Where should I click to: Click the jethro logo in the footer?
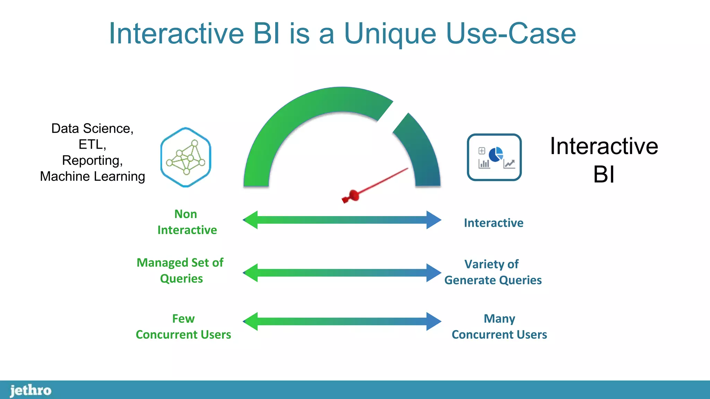31,390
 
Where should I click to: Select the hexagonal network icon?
186,157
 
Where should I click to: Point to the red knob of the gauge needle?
353,196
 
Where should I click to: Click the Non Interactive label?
187,222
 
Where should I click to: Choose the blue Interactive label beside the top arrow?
493,223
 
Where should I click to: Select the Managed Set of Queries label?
180,271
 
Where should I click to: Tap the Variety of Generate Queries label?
493,272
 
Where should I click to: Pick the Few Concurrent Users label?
183,327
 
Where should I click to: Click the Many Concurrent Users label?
499,327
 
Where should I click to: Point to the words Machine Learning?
92,176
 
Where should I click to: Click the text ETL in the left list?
92,144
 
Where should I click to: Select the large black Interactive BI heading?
604,160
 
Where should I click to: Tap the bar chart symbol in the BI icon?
484,163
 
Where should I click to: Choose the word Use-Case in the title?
511,34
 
